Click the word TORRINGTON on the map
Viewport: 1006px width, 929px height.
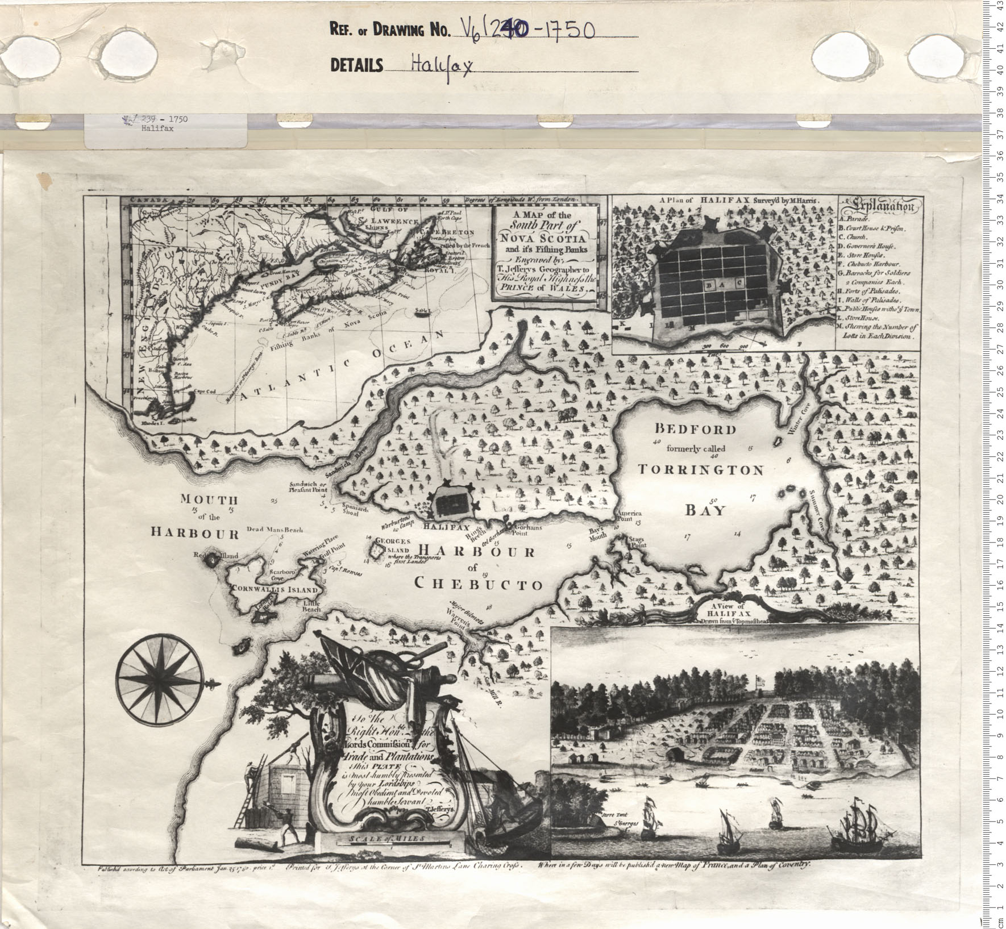700,470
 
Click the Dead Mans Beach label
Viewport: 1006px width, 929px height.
275,530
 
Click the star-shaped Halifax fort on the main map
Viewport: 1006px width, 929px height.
450,499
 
